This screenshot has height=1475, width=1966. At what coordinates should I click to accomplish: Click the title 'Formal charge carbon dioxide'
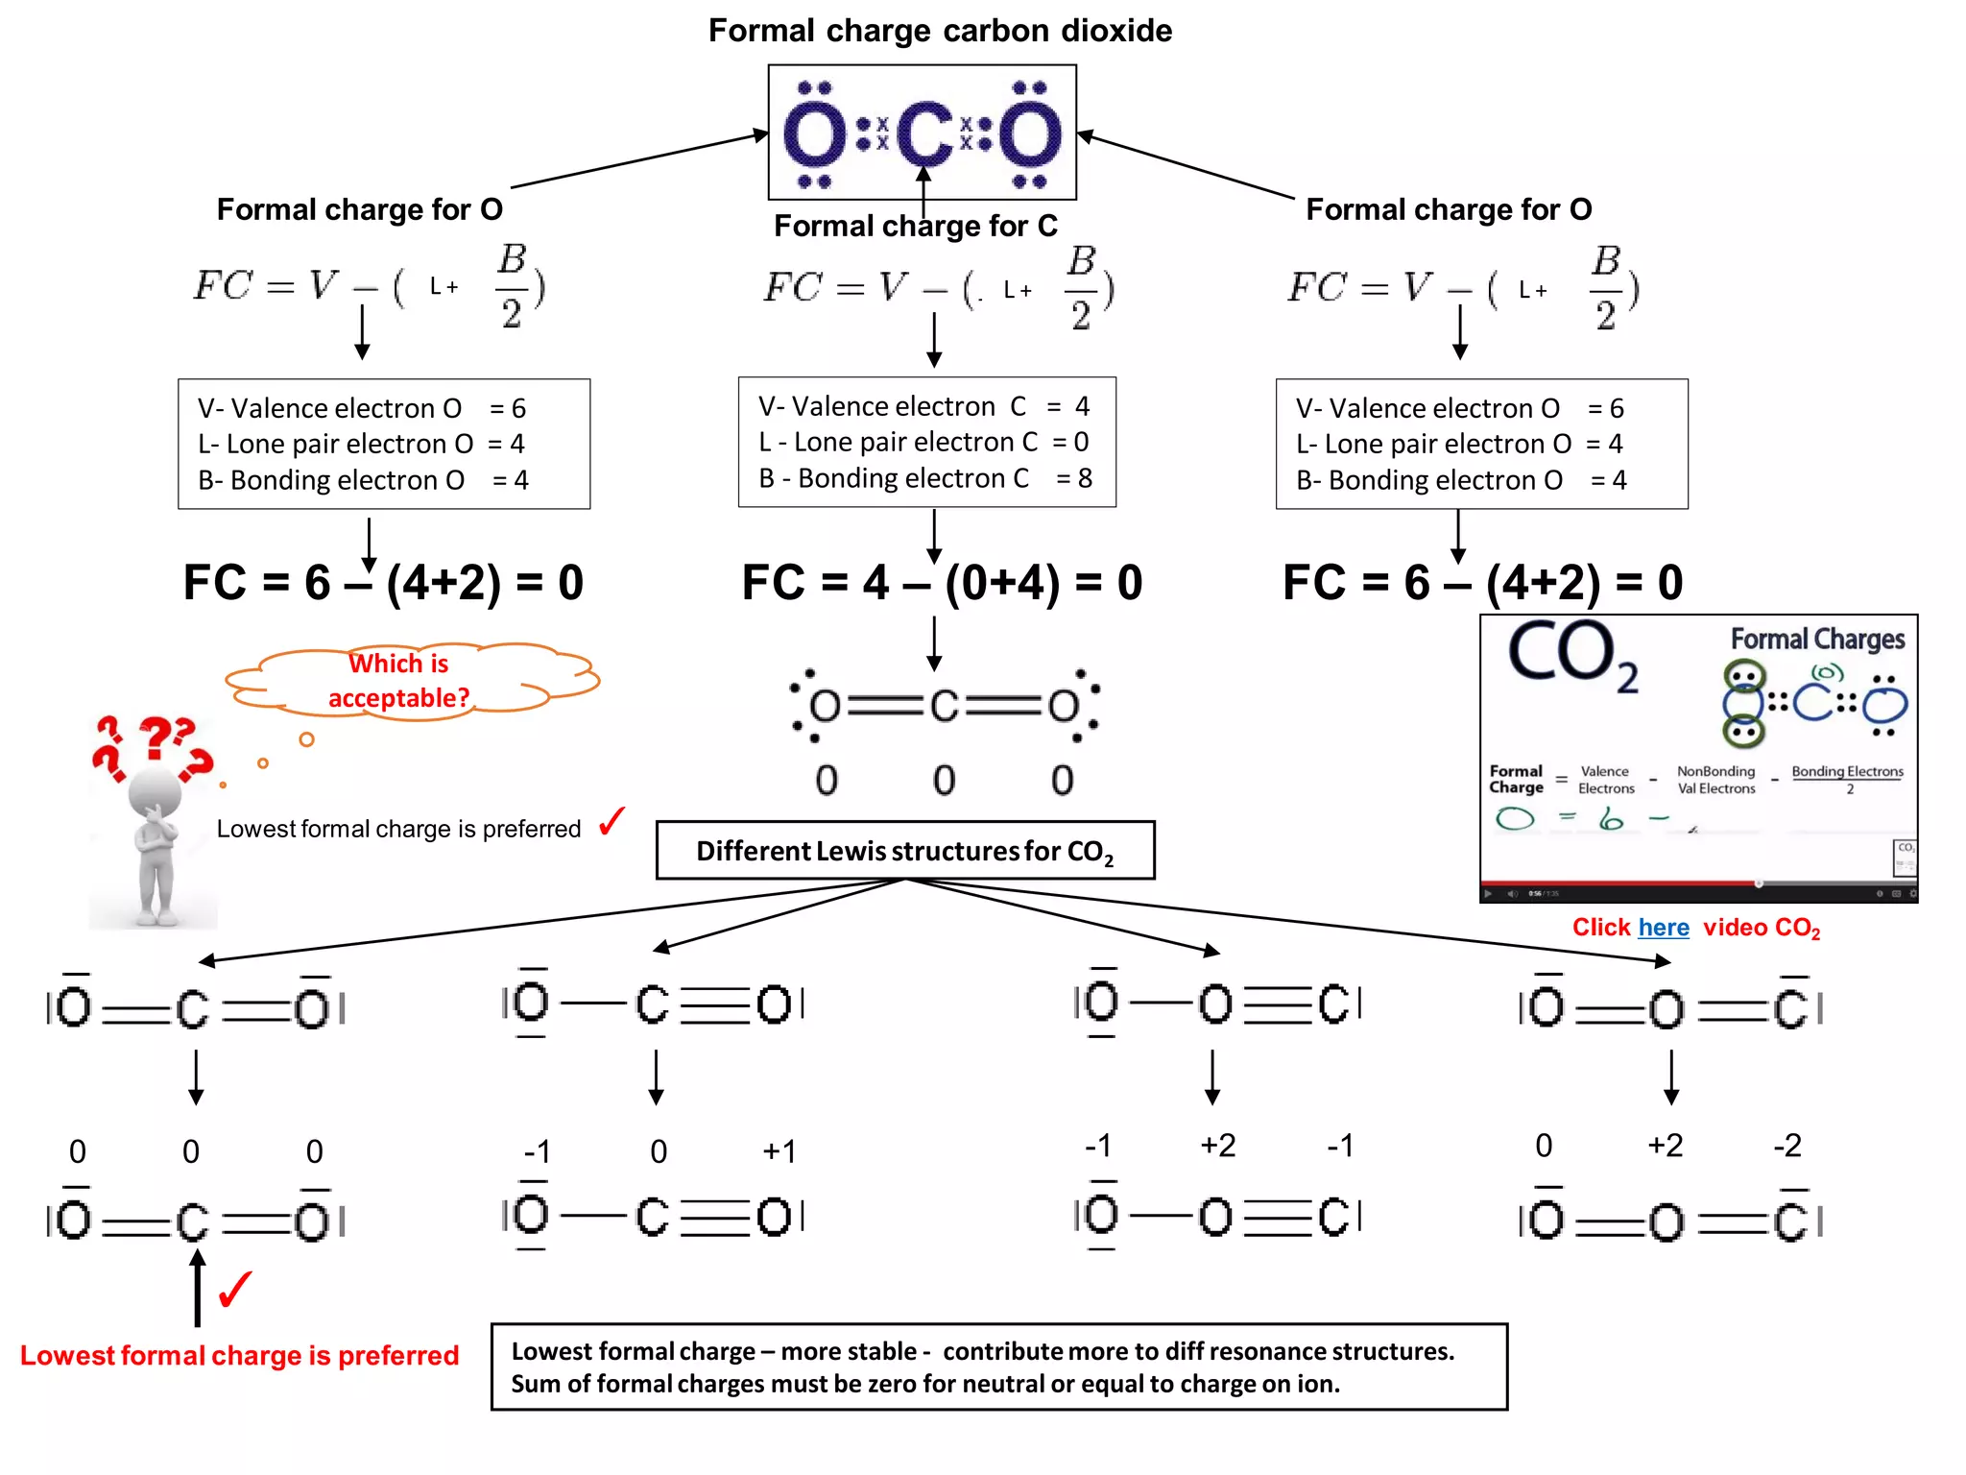tap(940, 31)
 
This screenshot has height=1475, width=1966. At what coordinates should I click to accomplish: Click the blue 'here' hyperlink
tap(1664, 928)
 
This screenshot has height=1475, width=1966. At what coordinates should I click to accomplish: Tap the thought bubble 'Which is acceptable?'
tap(399, 680)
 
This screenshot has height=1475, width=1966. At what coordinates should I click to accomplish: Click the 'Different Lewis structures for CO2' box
tap(904, 851)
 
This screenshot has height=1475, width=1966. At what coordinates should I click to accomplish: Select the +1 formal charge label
tap(779, 1151)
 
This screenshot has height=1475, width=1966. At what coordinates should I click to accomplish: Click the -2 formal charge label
tap(1787, 1146)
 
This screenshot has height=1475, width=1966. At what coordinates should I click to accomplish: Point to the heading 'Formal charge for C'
tap(915, 227)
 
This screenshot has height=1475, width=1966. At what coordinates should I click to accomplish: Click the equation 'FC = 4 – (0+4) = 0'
tap(942, 583)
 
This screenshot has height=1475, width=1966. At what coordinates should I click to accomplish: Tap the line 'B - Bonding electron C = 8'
tap(924, 478)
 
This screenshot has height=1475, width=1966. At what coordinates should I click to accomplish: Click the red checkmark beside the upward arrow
tap(234, 1290)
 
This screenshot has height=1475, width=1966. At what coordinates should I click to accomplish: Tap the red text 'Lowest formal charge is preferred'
tap(240, 1355)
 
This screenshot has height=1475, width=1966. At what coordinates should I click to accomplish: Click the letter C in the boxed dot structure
tap(923, 134)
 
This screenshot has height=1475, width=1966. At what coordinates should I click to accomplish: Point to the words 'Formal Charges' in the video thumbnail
tap(1817, 640)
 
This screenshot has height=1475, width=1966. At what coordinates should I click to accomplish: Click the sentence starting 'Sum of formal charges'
tap(924, 1384)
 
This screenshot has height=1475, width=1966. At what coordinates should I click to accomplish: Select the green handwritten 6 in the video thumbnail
tap(1611, 819)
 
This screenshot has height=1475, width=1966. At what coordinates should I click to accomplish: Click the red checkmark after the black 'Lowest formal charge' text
tap(611, 822)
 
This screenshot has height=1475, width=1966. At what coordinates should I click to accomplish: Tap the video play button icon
tap(1488, 894)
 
